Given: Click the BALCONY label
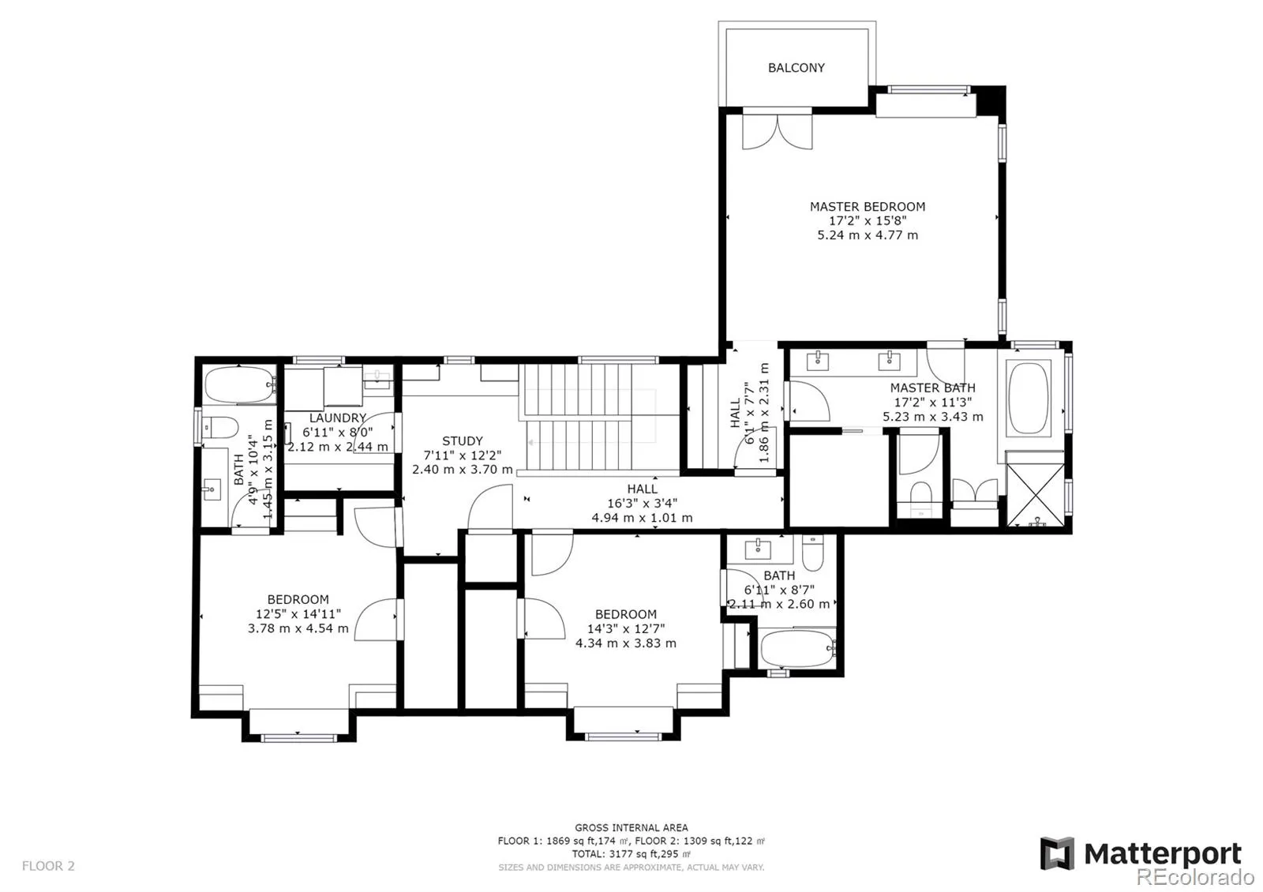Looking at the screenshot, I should pyautogui.click(x=796, y=68).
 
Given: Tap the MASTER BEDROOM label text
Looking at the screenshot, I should pyautogui.click(x=867, y=207).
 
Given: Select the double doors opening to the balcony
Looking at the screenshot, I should pyautogui.click(x=777, y=132).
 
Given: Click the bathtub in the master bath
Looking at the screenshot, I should pyautogui.click(x=1029, y=396).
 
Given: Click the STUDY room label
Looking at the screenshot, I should pyautogui.click(x=462, y=441).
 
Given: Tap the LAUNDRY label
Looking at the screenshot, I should pyautogui.click(x=337, y=418).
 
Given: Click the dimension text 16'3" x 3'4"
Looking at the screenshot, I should pyautogui.click(x=642, y=504).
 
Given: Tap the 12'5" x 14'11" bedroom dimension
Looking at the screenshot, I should pyautogui.click(x=298, y=614).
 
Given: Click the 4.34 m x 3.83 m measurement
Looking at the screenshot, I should pyautogui.click(x=625, y=643).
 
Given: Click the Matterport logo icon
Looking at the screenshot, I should pyautogui.click(x=1057, y=854).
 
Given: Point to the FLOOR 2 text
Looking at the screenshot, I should pyautogui.click(x=48, y=866).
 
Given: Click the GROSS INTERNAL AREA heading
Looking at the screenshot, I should pyautogui.click(x=631, y=828).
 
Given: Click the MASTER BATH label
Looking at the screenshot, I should pyautogui.click(x=932, y=388).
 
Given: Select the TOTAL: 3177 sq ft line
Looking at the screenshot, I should pyautogui.click(x=631, y=854).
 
